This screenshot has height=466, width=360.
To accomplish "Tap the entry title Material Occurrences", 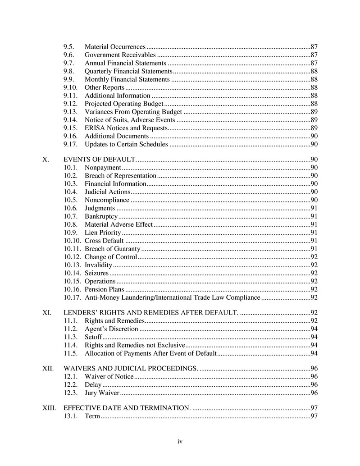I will [x=115, y=47].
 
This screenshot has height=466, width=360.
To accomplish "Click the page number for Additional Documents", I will [x=314, y=136].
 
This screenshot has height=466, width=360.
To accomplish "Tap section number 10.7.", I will [x=71, y=216].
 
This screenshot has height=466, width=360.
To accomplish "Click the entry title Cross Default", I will [x=104, y=241].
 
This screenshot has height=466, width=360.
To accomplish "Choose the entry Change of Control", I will [x=110, y=257].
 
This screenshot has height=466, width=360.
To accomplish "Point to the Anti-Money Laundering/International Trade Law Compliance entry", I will [x=172, y=297].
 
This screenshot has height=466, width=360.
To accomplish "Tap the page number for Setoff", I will [x=314, y=337].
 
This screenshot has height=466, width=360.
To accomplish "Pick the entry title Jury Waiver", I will [x=102, y=393].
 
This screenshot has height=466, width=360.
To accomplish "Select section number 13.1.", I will [x=71, y=416].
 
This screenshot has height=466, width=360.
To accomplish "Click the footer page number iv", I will [x=180, y=442].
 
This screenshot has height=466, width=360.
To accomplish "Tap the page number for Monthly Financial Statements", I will [x=314, y=79].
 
